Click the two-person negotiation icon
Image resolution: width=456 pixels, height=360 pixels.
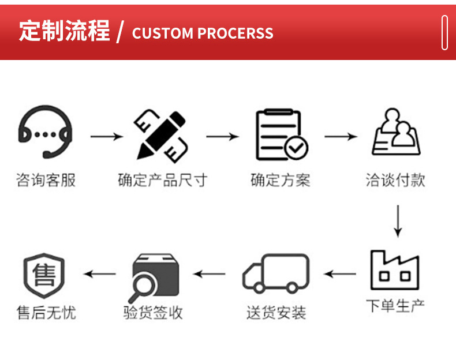pyautogui.click(x=395, y=133)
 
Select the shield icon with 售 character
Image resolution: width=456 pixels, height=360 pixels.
pyautogui.click(x=44, y=274)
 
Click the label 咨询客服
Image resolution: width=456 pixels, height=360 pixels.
pyautogui.click(x=46, y=180)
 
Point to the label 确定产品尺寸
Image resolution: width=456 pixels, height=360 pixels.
pyautogui.click(x=162, y=180)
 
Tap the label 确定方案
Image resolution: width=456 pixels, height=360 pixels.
pyautogui.click(x=281, y=180)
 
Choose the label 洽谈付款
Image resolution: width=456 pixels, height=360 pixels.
pyautogui.click(x=395, y=180)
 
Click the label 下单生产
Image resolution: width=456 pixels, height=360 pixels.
pyautogui.click(x=395, y=305)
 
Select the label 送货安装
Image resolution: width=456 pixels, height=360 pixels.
pyautogui.click(x=276, y=313)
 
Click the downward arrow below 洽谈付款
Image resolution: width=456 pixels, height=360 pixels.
pyautogui.click(x=397, y=220)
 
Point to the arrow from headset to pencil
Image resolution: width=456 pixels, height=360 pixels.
pyautogui.click(x=107, y=137)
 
